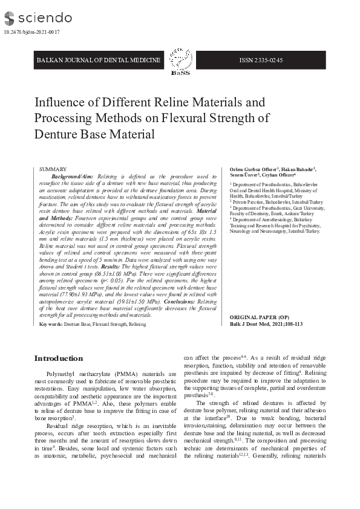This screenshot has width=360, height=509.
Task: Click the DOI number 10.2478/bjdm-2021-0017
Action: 31,32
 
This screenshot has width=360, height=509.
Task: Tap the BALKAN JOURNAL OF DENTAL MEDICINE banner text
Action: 99,60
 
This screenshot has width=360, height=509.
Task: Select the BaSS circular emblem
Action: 179,58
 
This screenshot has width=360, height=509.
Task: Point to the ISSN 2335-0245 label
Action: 261,60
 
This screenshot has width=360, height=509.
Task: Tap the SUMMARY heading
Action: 53,169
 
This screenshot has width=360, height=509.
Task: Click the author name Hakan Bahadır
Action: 297,169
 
